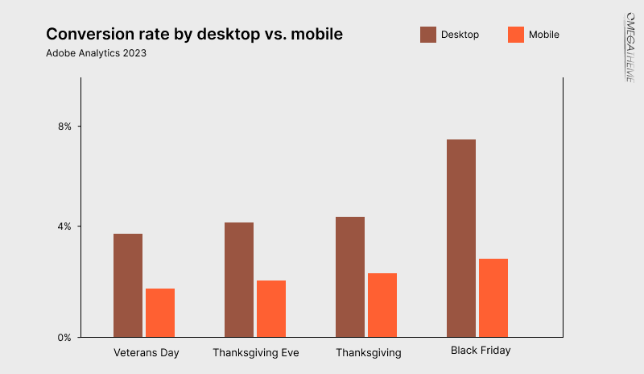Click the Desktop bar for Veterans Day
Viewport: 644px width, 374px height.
(x=128, y=285)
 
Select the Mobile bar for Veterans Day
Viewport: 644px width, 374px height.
(x=160, y=313)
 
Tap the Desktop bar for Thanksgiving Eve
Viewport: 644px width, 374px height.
(x=239, y=280)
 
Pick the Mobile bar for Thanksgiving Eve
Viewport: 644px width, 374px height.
(x=271, y=309)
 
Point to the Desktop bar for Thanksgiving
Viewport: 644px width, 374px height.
(x=350, y=276)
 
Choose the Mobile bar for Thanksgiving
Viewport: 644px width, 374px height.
(x=382, y=305)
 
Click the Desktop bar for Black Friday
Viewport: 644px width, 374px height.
(x=461, y=238)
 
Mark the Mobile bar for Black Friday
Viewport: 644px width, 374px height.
(x=493, y=297)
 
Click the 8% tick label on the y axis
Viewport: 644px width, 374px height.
(x=64, y=127)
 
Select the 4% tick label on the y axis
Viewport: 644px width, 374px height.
(x=64, y=226)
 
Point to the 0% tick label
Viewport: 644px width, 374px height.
(x=64, y=337)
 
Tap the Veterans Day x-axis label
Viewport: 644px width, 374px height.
(x=146, y=353)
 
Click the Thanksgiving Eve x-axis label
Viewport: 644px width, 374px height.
(x=255, y=353)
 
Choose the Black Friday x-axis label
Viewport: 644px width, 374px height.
(x=480, y=351)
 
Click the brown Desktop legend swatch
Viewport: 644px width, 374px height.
(x=428, y=35)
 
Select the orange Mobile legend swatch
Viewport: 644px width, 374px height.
(x=516, y=35)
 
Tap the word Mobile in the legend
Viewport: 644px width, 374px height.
(x=544, y=35)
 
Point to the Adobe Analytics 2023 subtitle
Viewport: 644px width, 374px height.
(x=96, y=54)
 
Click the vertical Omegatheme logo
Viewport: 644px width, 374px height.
(x=630, y=47)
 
